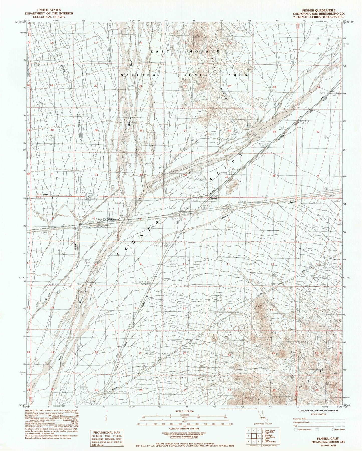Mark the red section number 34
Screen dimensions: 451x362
185,175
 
